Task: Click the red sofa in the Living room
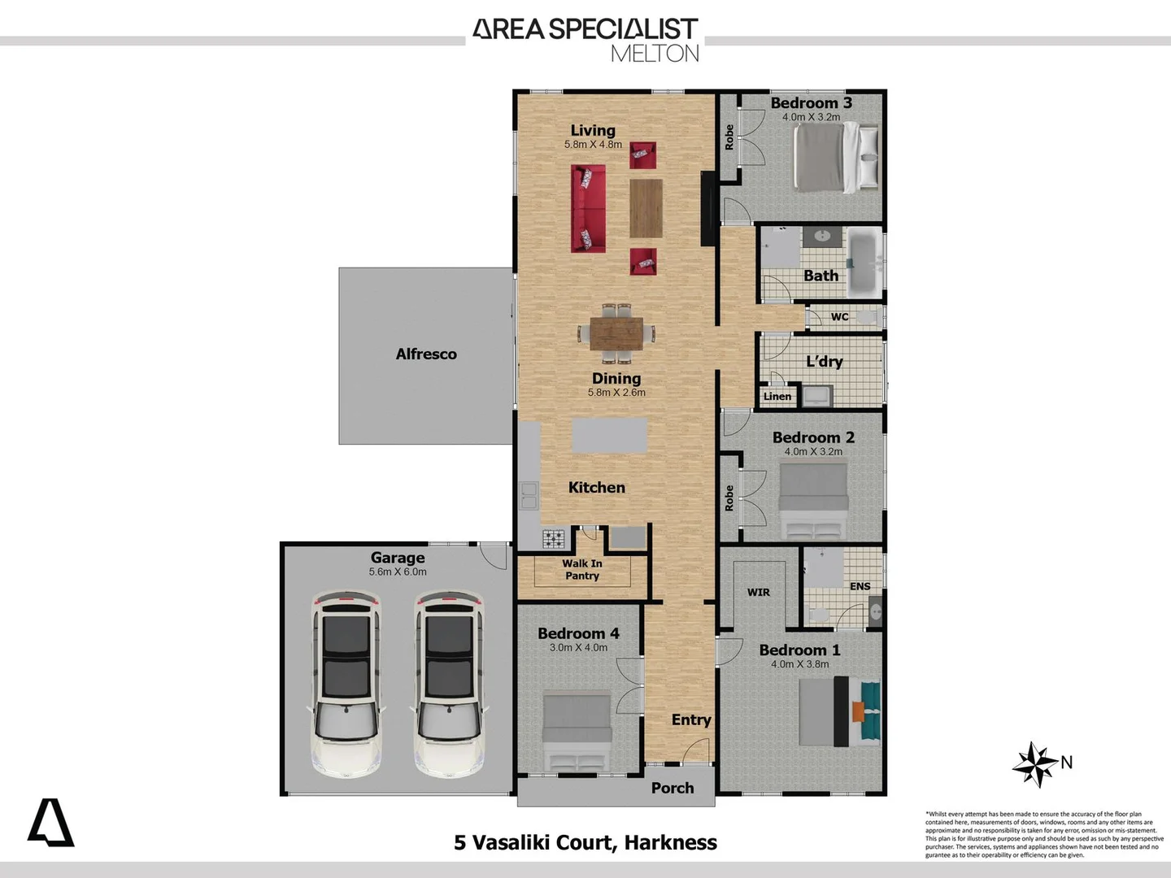pos(588,208)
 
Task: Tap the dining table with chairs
pos(616,333)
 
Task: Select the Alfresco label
pos(426,354)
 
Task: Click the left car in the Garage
pos(346,683)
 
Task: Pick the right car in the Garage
pos(448,683)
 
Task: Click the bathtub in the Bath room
pos(864,262)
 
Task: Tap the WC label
pos(839,317)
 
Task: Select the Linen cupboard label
pos(777,397)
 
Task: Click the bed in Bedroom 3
pos(834,156)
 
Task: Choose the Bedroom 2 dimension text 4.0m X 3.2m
pos(813,452)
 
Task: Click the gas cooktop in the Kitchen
pos(554,538)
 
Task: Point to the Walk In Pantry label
pos(582,570)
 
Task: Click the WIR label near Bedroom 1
pos(758,593)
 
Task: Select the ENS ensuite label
pos(860,587)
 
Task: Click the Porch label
pos(673,789)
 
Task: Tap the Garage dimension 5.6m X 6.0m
pos(398,572)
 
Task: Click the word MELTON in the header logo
pos(655,54)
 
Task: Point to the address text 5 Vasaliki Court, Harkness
pos(585,843)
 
